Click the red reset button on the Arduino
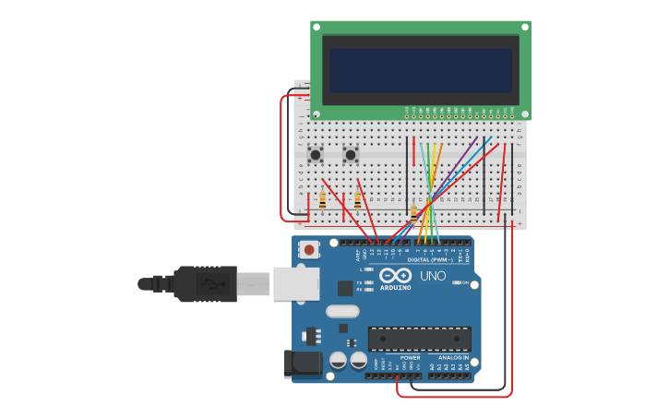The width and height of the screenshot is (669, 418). coord(309,249)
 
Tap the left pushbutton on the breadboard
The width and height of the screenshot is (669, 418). coord(316,154)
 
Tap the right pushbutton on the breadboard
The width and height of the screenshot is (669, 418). coord(351,154)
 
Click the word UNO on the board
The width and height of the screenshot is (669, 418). coord(433,275)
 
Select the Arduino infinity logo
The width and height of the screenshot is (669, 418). coord(395,275)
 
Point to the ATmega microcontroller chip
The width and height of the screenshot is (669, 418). coord(419,338)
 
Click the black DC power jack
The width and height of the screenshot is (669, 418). coord(302,363)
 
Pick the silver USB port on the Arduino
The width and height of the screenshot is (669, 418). coord(296,283)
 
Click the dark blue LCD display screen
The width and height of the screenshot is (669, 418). coord(421,70)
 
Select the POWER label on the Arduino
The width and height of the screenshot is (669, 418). coord(410,357)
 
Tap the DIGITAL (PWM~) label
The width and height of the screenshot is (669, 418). coord(437,259)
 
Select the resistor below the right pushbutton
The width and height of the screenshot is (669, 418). coord(357,199)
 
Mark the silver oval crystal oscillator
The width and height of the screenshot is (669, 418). coord(341,311)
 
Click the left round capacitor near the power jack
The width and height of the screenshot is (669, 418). coord(339,360)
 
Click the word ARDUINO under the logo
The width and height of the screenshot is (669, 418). coord(396,287)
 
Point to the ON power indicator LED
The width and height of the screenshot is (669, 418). coord(460,282)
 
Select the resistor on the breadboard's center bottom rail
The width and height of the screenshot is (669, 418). coord(413,213)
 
